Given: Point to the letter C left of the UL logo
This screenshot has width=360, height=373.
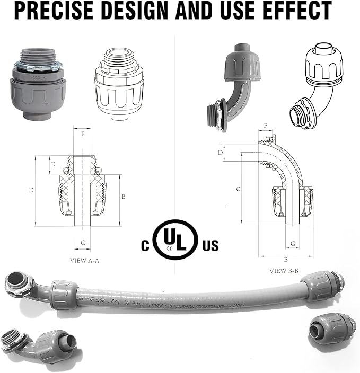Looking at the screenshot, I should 145,246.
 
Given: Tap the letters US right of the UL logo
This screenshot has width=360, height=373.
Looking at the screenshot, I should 210,246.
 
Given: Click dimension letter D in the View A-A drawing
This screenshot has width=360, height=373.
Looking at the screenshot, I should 31,190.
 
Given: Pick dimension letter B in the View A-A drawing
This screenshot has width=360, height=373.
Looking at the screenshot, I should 124,197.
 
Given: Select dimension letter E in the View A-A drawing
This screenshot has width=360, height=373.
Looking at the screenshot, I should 52,164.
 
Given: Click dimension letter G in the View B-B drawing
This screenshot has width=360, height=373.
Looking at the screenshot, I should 293,243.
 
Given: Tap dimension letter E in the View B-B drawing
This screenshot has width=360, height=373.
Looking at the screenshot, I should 286,260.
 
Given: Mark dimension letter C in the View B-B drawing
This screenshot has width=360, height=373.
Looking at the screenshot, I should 238,189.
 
